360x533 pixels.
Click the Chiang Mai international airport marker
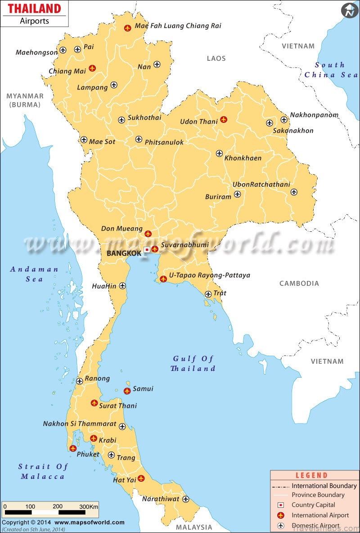[x=92, y=68]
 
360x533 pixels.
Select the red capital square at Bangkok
[x=147, y=250]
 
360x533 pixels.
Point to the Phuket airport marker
[x=73, y=448]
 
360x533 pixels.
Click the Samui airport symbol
[x=127, y=391]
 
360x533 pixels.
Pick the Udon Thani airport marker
[x=223, y=119]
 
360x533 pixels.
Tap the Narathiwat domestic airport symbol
[x=185, y=499]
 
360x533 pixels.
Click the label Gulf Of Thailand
[x=193, y=363]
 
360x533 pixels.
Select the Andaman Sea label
[x=34, y=274]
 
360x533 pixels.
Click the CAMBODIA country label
[x=299, y=283]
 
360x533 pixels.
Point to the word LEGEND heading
[x=311, y=475]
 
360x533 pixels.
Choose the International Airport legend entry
[x=320, y=515]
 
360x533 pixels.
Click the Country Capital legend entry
[x=313, y=505]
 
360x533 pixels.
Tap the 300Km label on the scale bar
[x=89, y=506]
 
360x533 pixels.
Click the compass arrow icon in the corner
[x=350, y=10]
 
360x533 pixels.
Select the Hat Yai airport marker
[x=141, y=478]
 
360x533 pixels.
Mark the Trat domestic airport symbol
[x=208, y=294]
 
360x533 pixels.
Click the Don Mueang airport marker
[x=148, y=234]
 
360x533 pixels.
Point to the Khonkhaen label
[x=243, y=158]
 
